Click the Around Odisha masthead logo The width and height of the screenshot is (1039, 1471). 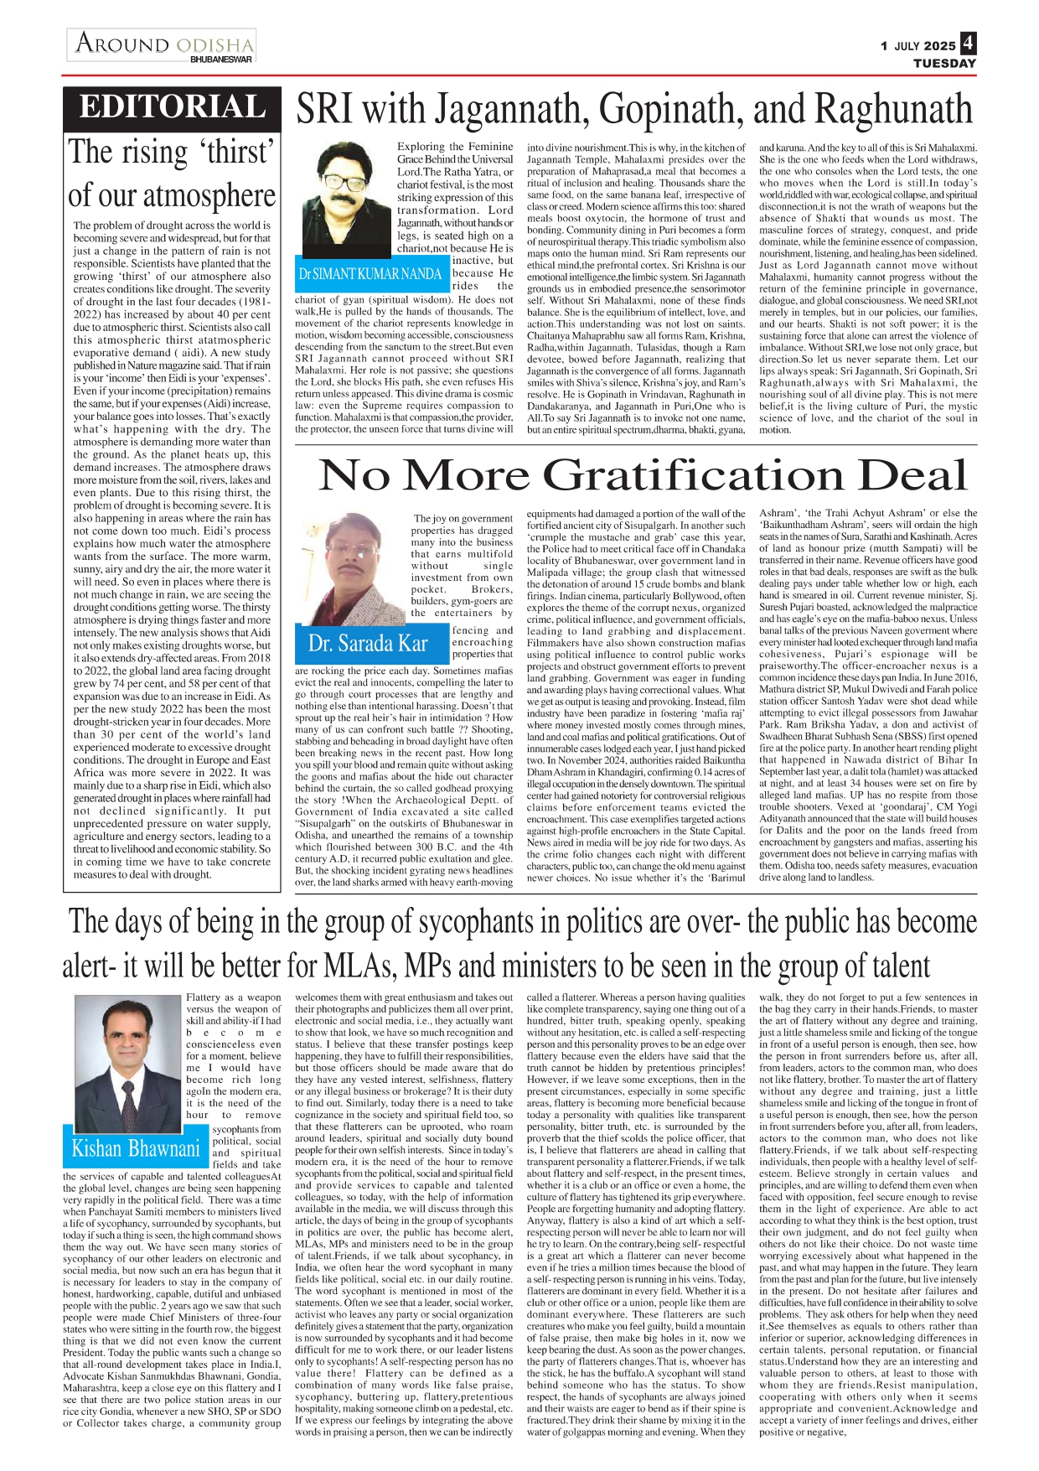[x=163, y=43]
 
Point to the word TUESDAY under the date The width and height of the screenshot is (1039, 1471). [x=944, y=64]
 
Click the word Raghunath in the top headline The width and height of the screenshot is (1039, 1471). [x=893, y=110]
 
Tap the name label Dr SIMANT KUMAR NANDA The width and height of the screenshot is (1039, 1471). [x=370, y=274]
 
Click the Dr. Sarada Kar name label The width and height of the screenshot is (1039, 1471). [x=368, y=644]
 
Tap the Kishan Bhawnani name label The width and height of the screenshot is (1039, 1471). [x=136, y=1147]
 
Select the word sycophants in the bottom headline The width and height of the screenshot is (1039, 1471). [x=483, y=921]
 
